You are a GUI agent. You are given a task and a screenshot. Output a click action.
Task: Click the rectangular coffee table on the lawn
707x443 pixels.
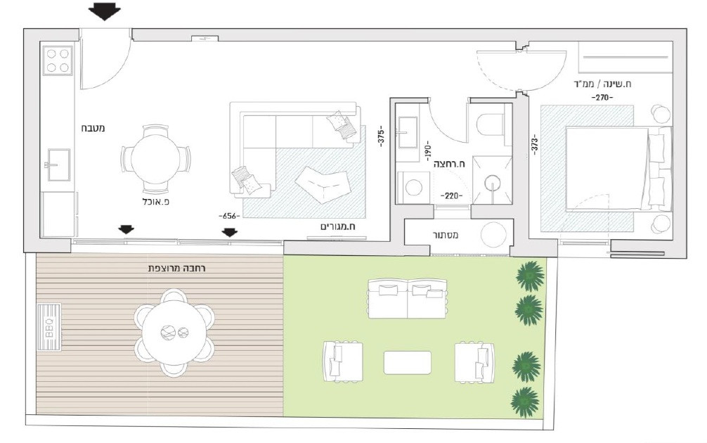click(408, 362)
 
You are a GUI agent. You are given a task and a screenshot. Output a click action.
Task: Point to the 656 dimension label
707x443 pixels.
click(229, 216)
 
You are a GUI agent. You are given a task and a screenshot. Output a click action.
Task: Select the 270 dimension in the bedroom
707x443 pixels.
click(602, 97)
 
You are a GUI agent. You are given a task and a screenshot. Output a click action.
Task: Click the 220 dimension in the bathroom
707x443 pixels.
click(450, 197)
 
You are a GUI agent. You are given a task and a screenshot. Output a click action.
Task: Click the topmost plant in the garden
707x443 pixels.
click(530, 276)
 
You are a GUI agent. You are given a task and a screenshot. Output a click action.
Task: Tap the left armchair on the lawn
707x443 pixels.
click(342, 361)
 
